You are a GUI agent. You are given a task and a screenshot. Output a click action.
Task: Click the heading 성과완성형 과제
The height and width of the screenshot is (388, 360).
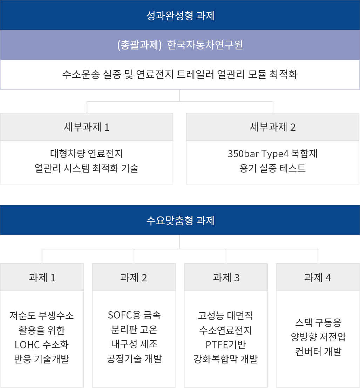pyautogui.click(x=181, y=15)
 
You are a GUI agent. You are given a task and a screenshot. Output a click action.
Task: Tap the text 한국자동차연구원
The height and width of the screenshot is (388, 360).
pyautogui.click(x=205, y=45)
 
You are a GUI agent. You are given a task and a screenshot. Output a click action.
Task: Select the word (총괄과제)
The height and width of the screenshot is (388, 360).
pyautogui.click(x=140, y=45)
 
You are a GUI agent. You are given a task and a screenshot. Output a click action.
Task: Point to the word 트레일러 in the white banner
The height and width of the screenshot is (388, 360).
pyautogui.click(x=195, y=74)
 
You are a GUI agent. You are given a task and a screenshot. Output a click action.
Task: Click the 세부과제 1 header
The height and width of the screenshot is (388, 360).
pyautogui.click(x=87, y=127)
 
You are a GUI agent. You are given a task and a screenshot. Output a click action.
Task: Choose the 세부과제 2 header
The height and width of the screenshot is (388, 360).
pyautogui.click(x=273, y=127)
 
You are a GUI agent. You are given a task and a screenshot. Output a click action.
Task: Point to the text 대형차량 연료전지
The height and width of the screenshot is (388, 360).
pyautogui.click(x=87, y=153)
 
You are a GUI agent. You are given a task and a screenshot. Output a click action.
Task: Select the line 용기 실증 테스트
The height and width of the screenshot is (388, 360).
pyautogui.click(x=272, y=168)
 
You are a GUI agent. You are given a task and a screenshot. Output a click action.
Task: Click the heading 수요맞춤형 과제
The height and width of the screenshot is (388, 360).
pyautogui.click(x=181, y=220)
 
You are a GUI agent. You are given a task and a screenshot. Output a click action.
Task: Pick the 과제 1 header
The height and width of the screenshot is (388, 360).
pyautogui.click(x=42, y=277)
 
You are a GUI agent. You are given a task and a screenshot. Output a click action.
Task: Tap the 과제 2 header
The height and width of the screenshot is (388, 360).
pyautogui.click(x=134, y=277)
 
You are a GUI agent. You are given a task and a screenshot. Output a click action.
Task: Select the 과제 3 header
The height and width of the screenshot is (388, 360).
pyautogui.click(x=226, y=277)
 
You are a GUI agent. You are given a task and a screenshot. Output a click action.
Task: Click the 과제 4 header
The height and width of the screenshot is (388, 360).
pyautogui.click(x=318, y=277)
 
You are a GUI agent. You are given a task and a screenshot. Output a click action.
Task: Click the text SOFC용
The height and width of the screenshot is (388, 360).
pyautogui.click(x=124, y=315)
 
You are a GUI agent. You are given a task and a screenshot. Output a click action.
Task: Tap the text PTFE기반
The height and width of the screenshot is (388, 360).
pyautogui.click(x=226, y=344)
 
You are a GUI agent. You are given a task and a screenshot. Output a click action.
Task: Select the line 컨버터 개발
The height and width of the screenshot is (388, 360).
pyautogui.click(x=318, y=352)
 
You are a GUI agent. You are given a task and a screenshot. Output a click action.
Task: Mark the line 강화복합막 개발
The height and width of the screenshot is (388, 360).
pyautogui.click(x=226, y=359)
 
